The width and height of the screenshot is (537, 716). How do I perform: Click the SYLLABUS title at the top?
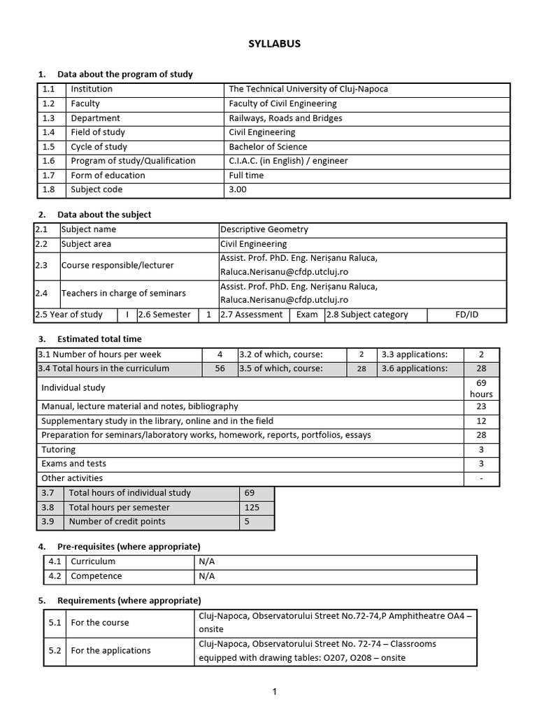tap(274, 43)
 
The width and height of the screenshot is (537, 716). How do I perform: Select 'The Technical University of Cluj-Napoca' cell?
tap(308, 89)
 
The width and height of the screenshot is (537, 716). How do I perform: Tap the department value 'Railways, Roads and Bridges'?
tap(285, 118)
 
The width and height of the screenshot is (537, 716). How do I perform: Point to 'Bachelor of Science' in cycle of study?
tap(268, 147)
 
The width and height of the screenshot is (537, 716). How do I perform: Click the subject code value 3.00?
tap(238, 189)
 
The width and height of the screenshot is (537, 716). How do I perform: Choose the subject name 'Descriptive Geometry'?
tap(264, 229)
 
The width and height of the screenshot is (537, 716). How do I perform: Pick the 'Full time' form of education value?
tap(246, 176)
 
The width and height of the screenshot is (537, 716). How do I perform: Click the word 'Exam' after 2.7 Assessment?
tap(307, 315)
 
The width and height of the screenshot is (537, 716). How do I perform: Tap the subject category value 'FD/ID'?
tap(466, 315)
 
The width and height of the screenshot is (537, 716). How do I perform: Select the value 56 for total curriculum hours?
tap(220, 368)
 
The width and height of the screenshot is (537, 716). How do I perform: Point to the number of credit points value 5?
tap(248, 522)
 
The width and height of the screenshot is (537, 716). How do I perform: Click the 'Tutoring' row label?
tap(59, 450)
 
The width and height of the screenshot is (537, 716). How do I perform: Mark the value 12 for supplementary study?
tap(481, 421)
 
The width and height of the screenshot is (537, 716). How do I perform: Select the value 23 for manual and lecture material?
tap(481, 406)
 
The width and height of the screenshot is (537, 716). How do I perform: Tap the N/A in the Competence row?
tap(207, 576)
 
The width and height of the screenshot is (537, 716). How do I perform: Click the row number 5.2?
tap(55, 651)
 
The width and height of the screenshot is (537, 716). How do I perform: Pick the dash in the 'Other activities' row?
tap(481, 478)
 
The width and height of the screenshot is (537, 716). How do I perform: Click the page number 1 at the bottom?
tap(275, 692)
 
